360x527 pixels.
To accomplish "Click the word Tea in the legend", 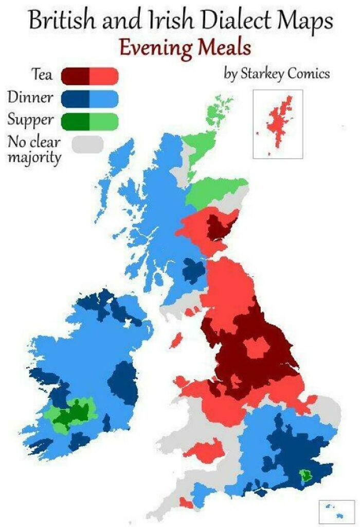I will pos(43,75).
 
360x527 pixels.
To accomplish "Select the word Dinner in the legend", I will pos(30,97).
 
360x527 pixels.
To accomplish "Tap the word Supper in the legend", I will pos(30,120).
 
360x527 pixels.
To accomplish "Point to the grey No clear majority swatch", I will pos(87,144).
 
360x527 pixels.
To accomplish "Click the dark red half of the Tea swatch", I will pos(76,76).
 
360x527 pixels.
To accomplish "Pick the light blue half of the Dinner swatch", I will pos(104,98).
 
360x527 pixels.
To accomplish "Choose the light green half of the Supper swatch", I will pos(104,120).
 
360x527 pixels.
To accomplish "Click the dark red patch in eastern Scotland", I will pos(220,226).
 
